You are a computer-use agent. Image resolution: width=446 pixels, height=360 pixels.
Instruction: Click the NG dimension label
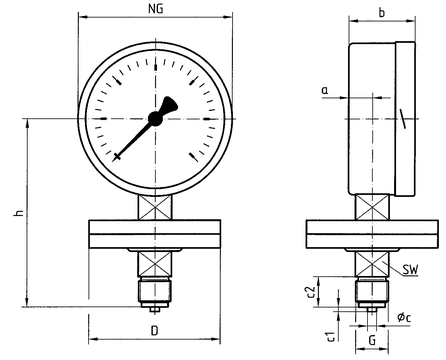coord(156,9)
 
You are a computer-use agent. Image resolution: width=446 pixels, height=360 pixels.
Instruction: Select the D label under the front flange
coord(154,331)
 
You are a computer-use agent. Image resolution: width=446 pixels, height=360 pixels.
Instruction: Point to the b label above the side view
coord(382,13)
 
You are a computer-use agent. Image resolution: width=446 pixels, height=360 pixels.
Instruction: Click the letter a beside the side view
coord(325,90)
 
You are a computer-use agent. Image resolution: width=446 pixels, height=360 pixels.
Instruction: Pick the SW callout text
coord(410,269)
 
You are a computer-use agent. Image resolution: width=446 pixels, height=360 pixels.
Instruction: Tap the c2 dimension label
coord(311,292)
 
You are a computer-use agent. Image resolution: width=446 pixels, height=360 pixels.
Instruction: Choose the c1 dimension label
coord(331,337)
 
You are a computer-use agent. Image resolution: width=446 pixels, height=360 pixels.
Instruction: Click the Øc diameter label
coord(404,317)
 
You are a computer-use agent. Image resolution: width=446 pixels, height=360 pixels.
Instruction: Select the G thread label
coord(372,340)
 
